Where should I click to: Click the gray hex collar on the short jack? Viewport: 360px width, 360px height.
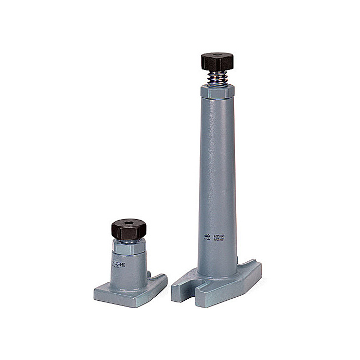[128, 247]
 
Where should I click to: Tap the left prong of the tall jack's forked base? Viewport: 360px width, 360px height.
[183, 288]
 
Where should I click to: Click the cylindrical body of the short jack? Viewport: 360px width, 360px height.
[129, 267]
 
